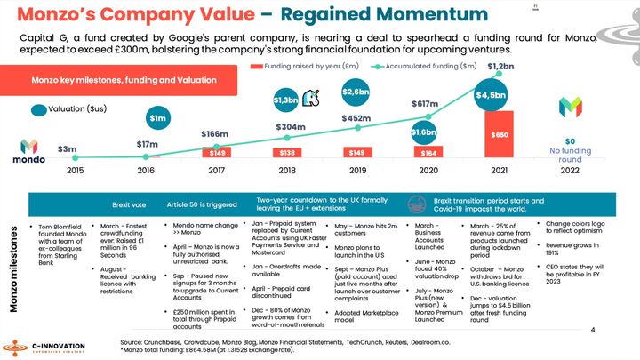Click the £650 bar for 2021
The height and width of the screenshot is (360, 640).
tap(500, 134)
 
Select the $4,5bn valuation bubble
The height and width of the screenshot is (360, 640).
tap(491, 95)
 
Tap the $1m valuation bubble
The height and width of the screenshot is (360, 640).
tap(157, 118)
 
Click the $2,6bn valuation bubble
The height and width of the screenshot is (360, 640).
tap(356, 92)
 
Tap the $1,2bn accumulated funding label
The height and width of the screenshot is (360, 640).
tap(500, 67)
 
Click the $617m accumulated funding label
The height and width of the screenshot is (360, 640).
tap(426, 104)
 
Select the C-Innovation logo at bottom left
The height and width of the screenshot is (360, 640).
tap(53, 344)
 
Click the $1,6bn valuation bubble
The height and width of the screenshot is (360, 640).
tap(424, 132)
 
